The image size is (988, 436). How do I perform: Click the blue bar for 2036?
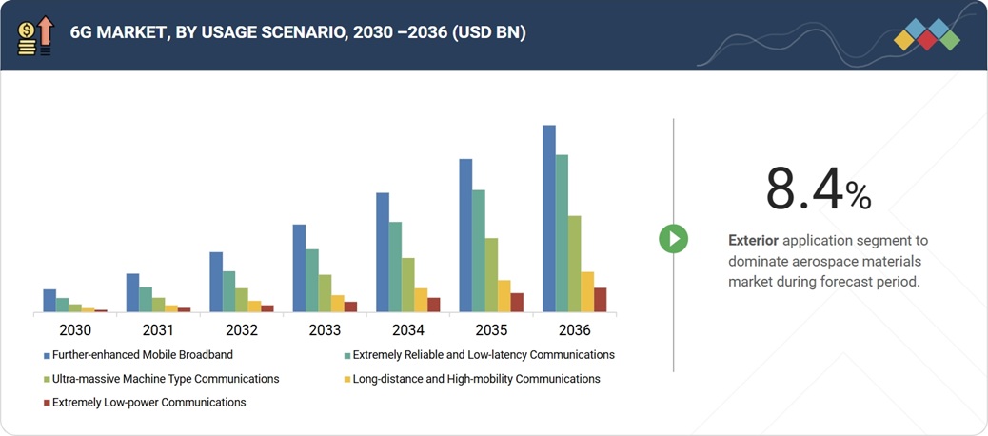[549, 218]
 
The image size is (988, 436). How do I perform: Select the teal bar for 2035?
[478, 250]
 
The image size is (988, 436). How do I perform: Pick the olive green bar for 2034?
[407, 285]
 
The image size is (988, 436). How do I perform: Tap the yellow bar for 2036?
[587, 291]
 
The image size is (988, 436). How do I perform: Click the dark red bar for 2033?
[350, 307]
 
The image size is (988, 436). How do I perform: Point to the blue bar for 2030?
[49, 300]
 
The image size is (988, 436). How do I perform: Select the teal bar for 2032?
[228, 291]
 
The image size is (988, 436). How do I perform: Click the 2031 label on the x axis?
[158, 330]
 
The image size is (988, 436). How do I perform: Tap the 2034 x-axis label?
[407, 330]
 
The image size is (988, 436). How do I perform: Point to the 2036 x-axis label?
[574, 330]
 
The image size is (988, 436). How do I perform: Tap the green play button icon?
[673, 238]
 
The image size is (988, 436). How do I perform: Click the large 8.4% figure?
[818, 188]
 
